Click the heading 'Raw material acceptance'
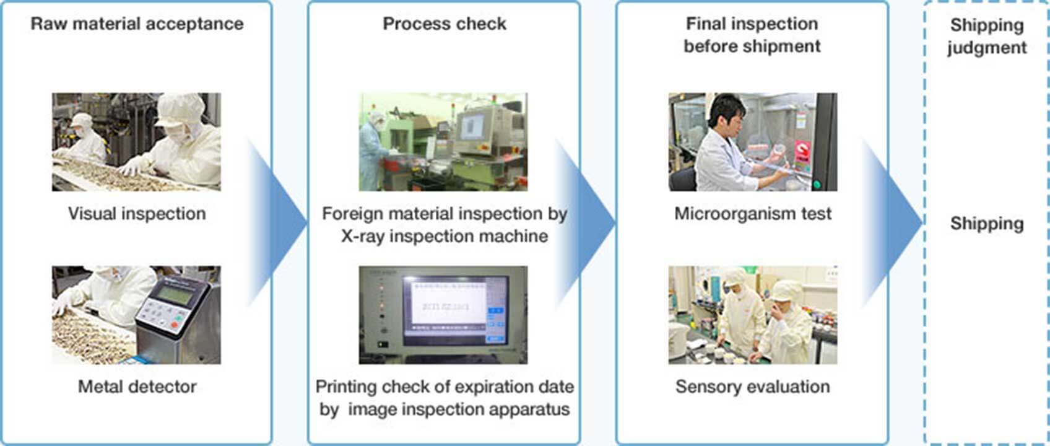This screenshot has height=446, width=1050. (x=137, y=24)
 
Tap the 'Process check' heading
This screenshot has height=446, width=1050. (x=445, y=24)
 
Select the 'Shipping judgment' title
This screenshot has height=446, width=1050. (x=987, y=36)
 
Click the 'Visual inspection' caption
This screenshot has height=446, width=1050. (x=137, y=214)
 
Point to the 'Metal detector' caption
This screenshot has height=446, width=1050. (x=137, y=387)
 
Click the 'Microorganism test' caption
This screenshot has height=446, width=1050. (x=753, y=214)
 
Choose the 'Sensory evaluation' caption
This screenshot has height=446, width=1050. (x=753, y=387)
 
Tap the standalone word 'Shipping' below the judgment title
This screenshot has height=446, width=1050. (x=987, y=224)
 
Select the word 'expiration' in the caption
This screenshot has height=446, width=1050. (x=496, y=387)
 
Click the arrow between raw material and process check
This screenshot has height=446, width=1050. (x=277, y=223)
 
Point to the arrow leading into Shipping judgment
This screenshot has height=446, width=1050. (x=892, y=223)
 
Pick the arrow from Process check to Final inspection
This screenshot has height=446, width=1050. (x=585, y=223)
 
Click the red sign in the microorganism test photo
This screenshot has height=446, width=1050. (x=802, y=151)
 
